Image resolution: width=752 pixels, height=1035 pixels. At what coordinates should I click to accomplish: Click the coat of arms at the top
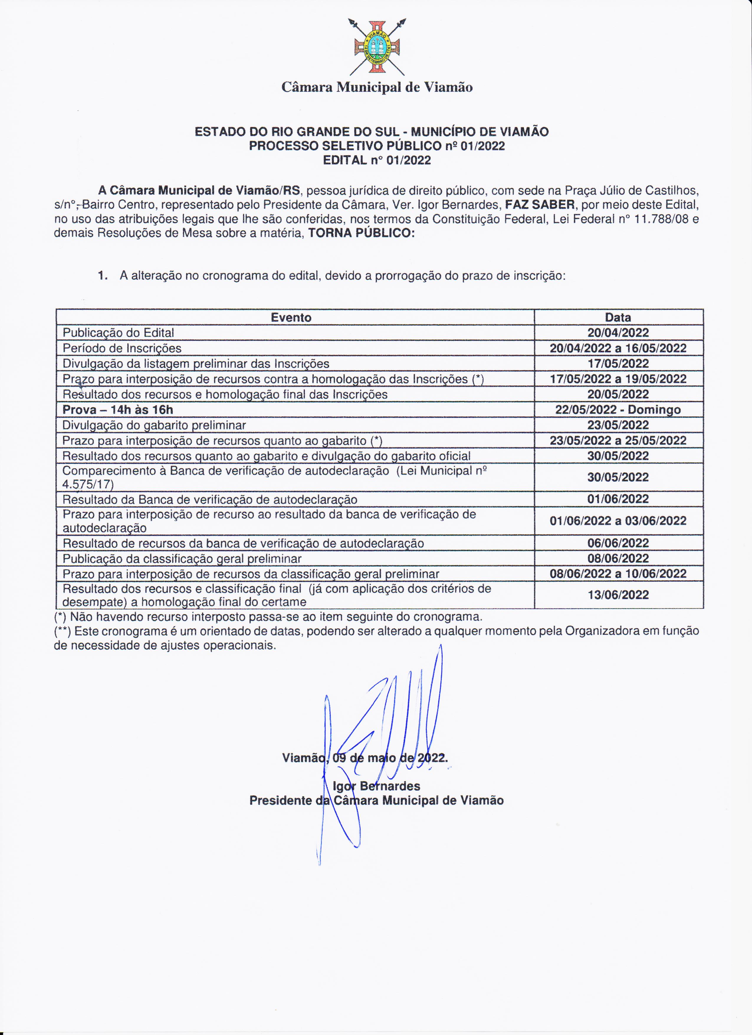click(x=377, y=47)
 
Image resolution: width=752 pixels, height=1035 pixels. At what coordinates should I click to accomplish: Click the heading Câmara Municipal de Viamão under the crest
click(x=377, y=87)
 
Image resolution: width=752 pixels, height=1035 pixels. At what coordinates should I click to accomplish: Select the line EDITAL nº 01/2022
click(x=377, y=160)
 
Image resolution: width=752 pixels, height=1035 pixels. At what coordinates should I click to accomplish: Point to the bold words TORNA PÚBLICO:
click(x=362, y=233)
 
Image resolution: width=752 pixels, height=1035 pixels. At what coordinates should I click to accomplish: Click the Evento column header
click(x=291, y=318)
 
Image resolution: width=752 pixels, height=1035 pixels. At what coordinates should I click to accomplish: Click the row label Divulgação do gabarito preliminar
click(x=154, y=425)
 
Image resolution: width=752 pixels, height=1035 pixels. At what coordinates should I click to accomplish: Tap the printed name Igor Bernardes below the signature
click(x=377, y=786)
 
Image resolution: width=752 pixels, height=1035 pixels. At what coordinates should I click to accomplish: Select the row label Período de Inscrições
click(x=122, y=348)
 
